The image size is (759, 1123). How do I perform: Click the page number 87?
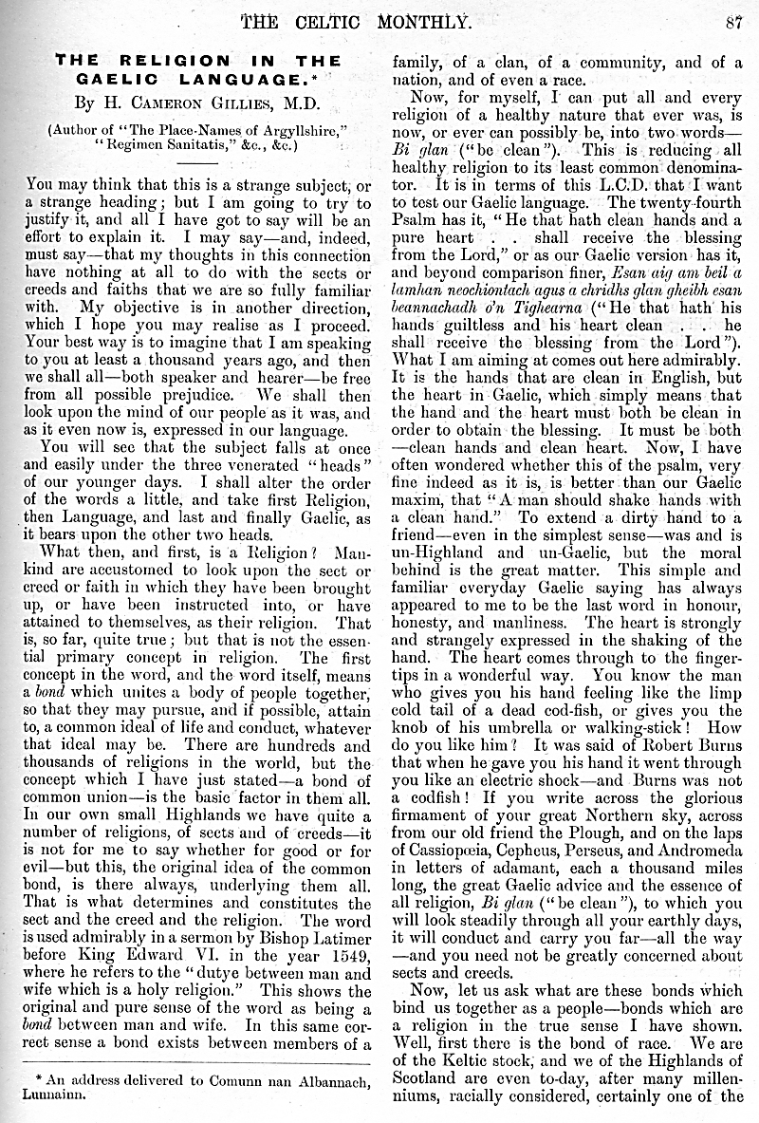click(731, 22)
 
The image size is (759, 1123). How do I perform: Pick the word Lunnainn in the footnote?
click(53, 1093)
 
